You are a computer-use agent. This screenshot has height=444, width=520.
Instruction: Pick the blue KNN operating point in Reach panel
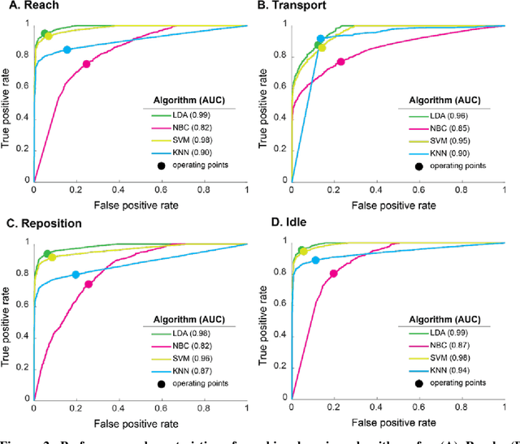pyautogui.click(x=67, y=50)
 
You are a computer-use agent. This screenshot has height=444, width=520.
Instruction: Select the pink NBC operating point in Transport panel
pyautogui.click(x=341, y=62)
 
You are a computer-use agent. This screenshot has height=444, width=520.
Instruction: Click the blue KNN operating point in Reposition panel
pyautogui.click(x=76, y=274)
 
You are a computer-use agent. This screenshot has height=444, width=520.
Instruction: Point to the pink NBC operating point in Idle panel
pyautogui.click(x=333, y=274)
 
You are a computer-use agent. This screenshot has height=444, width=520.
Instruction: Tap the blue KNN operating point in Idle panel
pyautogui.click(x=316, y=260)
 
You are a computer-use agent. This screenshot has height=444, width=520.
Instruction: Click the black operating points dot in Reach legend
pyautogui.click(x=162, y=166)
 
